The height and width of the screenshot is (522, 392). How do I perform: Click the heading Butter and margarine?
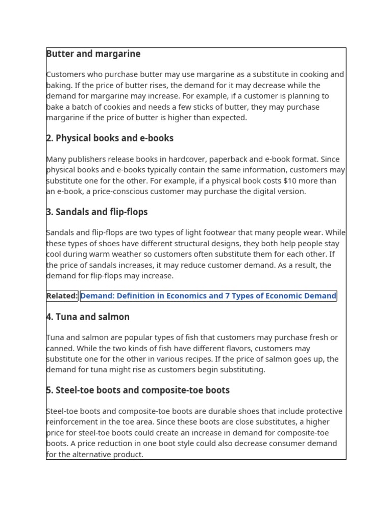(x=93, y=54)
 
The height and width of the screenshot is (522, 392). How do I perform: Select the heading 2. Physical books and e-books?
(x=110, y=138)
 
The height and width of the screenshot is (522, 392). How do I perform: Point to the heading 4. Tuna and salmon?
(x=88, y=317)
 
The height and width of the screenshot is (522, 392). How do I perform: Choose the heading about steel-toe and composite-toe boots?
(x=138, y=390)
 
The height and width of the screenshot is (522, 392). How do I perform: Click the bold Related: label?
(x=62, y=296)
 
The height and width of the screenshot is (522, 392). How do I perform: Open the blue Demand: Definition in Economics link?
(x=208, y=296)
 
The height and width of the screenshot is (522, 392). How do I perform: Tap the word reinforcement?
(x=72, y=422)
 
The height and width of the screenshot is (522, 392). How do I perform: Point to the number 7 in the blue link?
(x=228, y=296)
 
